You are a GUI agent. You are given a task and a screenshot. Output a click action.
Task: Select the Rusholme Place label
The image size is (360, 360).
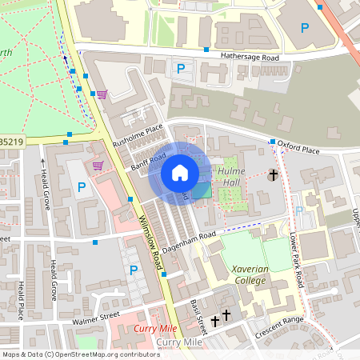[x=137, y=134]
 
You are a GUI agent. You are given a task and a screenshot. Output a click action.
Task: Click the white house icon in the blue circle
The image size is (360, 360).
[x=179, y=173]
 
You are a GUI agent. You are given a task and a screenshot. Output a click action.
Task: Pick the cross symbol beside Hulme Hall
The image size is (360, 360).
[x=273, y=174]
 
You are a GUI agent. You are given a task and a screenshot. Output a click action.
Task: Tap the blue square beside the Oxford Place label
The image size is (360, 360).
[x=272, y=142]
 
